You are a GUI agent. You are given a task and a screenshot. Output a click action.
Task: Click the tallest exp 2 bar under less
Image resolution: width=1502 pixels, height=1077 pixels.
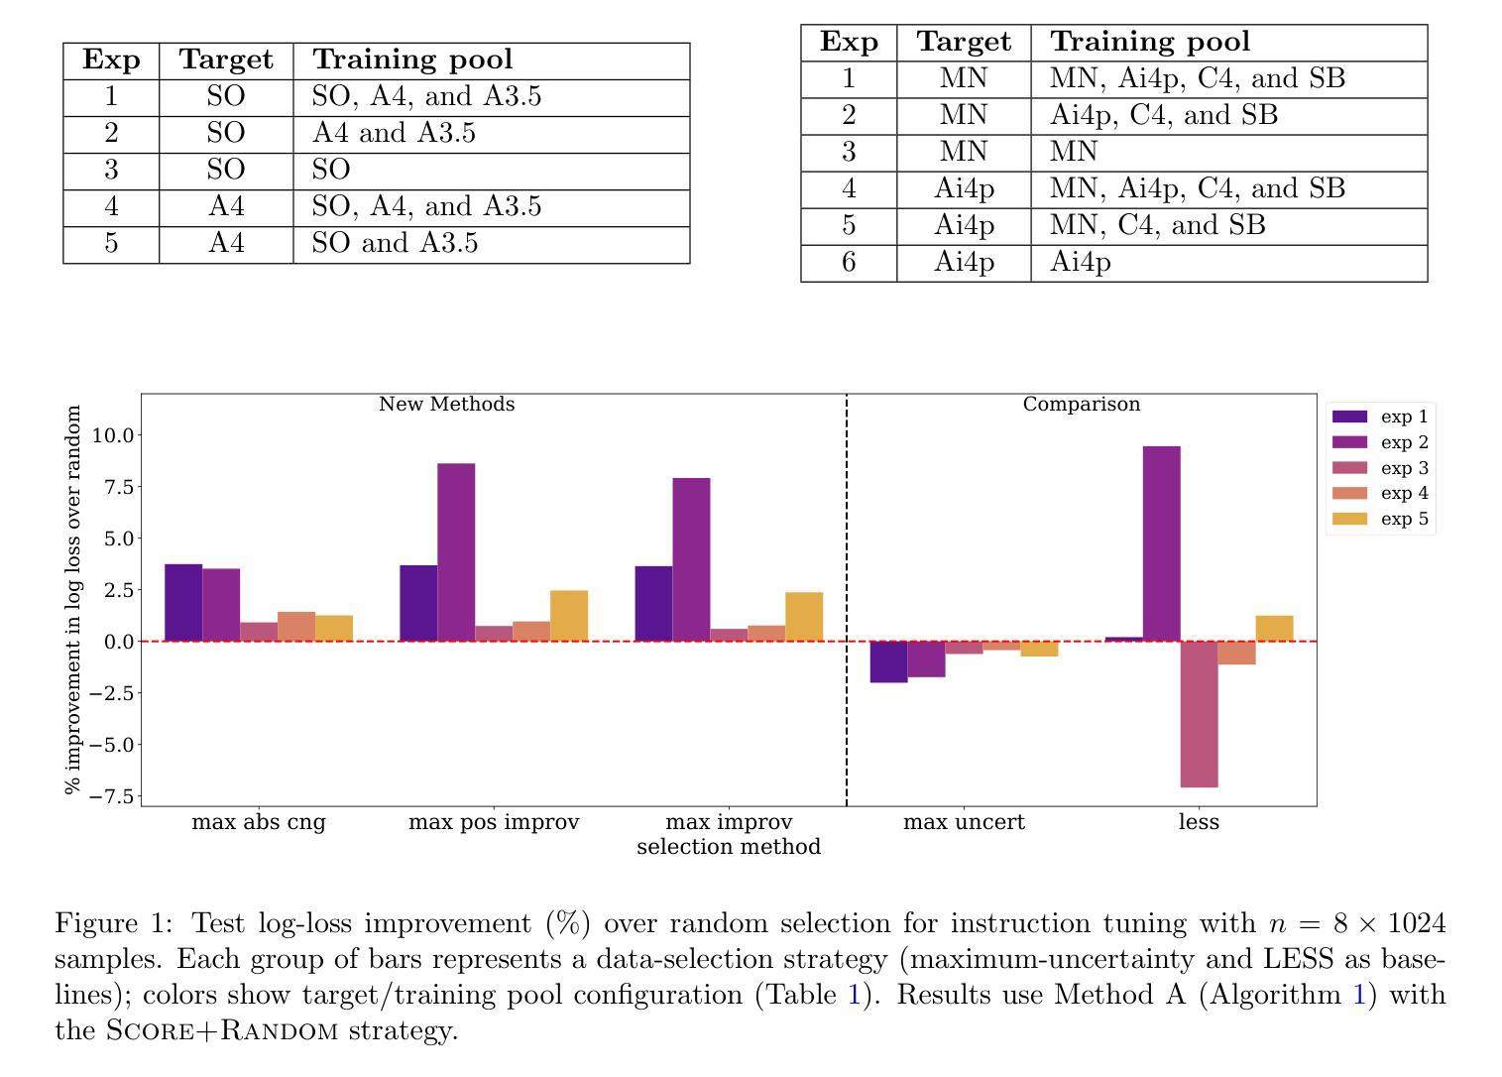(x=1161, y=543)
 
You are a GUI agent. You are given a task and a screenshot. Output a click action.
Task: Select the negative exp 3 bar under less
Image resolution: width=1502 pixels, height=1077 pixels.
(x=1199, y=714)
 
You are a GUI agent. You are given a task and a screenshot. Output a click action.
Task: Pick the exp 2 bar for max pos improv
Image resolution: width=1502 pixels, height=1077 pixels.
(x=456, y=552)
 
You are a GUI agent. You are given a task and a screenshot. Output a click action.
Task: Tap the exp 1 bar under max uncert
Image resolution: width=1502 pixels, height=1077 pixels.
(x=888, y=661)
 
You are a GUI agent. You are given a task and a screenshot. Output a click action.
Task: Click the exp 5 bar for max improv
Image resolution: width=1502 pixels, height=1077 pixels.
(x=804, y=617)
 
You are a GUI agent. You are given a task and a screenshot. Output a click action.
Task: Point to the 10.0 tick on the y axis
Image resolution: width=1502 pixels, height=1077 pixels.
(x=112, y=435)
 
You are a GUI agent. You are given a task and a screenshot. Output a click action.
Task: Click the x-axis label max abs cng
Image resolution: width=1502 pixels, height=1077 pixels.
(x=258, y=822)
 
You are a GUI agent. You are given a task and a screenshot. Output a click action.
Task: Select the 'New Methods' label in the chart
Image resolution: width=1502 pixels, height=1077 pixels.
(x=446, y=405)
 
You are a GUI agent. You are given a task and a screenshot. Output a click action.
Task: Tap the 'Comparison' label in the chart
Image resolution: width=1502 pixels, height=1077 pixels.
(x=1081, y=405)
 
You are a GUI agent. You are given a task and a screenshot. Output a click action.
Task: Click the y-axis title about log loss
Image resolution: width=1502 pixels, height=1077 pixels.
(x=72, y=600)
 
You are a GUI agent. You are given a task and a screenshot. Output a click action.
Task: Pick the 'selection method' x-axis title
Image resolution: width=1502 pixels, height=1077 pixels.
(x=729, y=847)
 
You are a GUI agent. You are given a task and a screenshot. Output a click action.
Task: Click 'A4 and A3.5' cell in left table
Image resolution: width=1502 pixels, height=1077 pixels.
(x=394, y=134)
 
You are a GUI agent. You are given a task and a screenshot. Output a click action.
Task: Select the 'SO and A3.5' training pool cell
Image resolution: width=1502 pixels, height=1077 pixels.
(x=395, y=244)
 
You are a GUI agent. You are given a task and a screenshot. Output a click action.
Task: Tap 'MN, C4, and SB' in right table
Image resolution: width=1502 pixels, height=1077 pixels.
(x=1157, y=225)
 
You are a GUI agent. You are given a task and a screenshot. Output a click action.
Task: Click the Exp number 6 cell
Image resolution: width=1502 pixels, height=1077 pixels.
(x=849, y=262)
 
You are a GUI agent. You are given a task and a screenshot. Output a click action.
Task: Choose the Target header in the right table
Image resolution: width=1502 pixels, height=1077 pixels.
(x=964, y=42)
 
